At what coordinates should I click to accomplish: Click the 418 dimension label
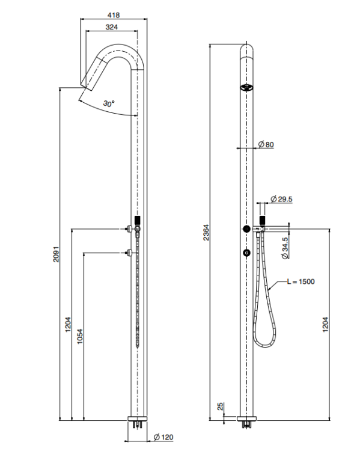point(114,15)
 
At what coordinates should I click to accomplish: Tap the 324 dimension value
point(112,27)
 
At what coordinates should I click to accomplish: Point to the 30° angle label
point(109,103)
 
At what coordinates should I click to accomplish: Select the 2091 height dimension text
point(56,254)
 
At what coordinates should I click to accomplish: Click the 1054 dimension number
point(80,336)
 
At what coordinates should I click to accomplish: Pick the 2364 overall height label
point(206,233)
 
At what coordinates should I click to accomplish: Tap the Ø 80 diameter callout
point(266,144)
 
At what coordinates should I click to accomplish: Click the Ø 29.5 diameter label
point(281,199)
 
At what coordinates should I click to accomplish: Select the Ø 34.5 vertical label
point(285,248)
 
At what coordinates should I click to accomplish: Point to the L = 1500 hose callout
point(301,281)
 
